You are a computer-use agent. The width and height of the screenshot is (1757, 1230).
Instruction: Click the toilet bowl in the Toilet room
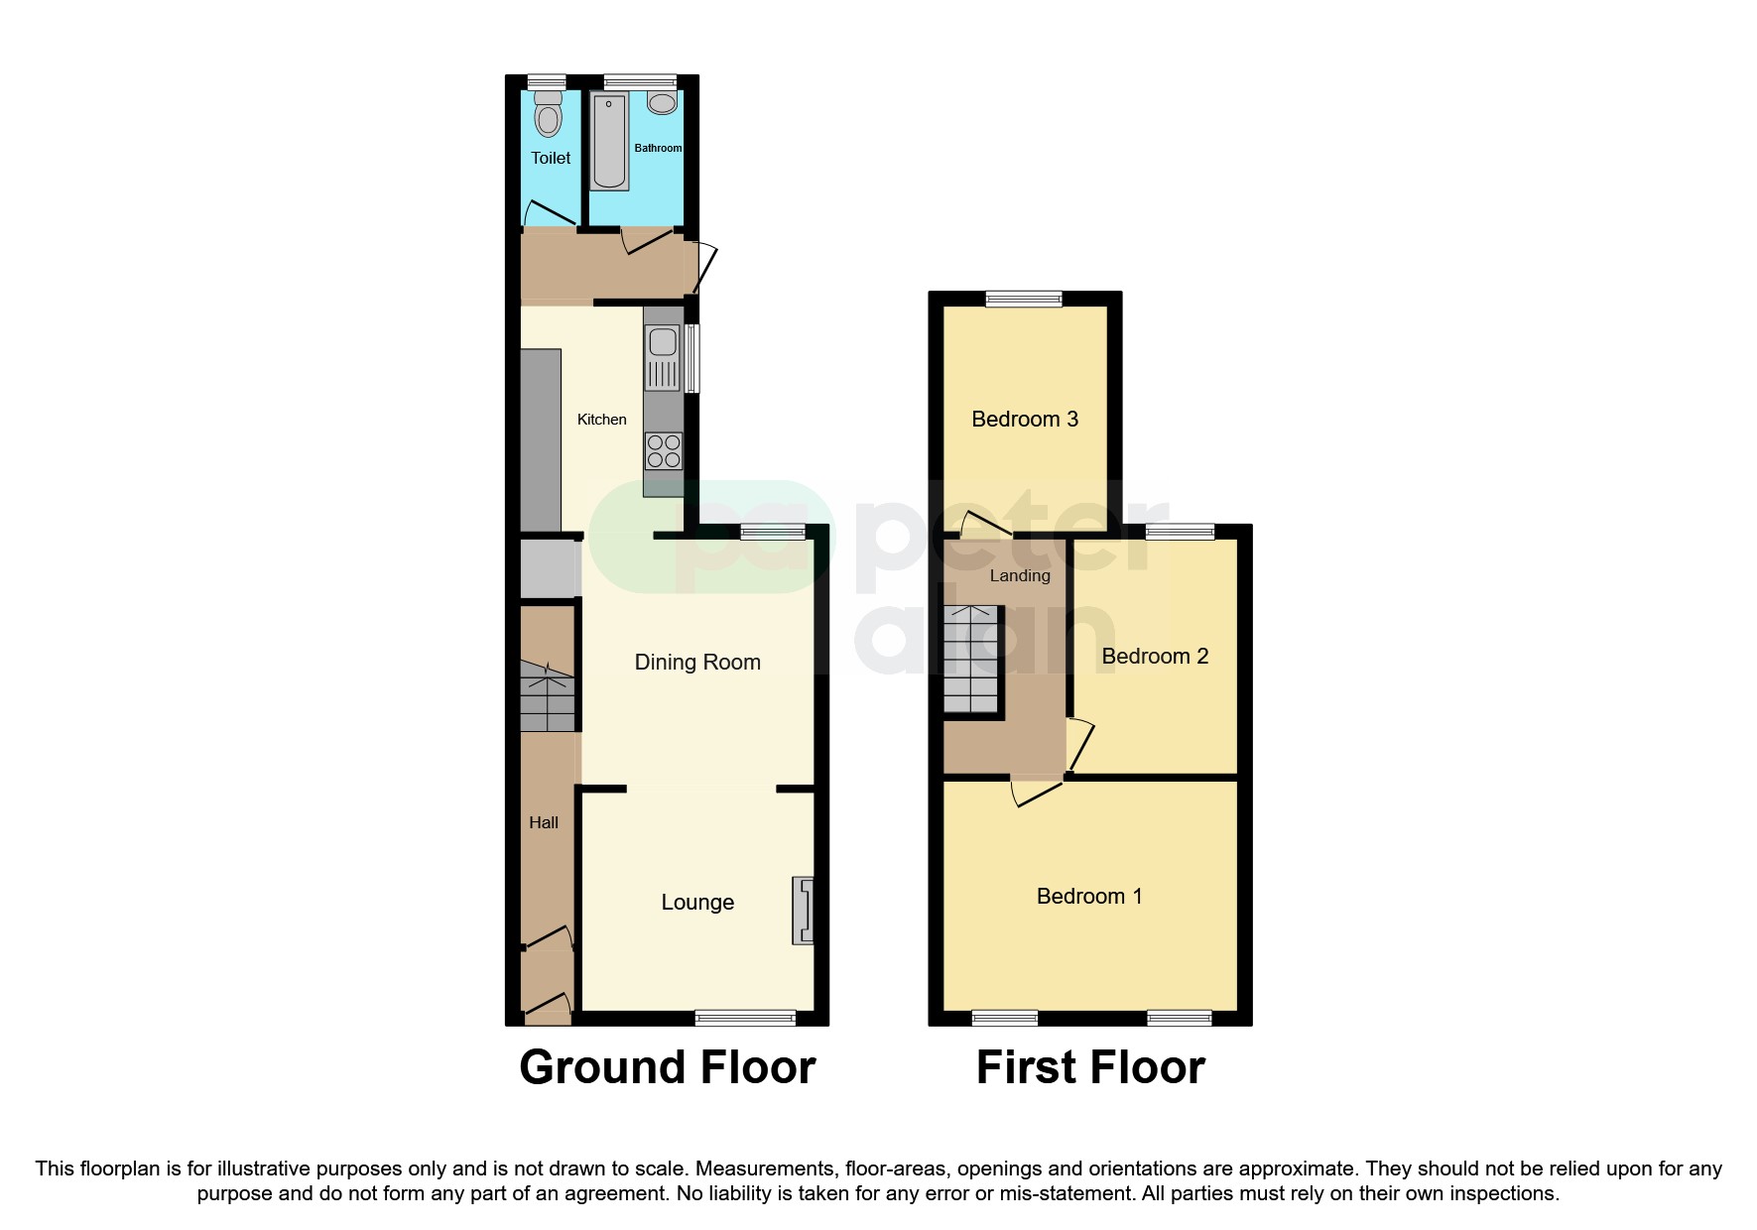548,117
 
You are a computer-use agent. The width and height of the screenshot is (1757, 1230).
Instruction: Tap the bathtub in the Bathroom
609,142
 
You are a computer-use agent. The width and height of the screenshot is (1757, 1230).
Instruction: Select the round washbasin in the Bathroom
662,102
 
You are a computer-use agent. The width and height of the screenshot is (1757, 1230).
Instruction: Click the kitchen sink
663,343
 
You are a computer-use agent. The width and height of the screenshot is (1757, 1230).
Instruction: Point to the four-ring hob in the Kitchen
664,451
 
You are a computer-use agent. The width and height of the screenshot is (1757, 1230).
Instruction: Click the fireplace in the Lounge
803,910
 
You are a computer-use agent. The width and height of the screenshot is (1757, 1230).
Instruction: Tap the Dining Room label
697,663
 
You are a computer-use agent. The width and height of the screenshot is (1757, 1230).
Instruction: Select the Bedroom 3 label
1024,420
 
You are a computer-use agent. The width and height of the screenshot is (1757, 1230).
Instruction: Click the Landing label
1019,576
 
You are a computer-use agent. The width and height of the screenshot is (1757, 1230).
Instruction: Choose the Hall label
544,822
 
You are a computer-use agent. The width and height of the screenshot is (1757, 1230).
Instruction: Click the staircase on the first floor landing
970,661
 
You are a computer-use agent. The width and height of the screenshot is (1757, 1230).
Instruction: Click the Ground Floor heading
667,1068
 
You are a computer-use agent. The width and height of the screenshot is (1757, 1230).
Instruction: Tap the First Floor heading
1089,1068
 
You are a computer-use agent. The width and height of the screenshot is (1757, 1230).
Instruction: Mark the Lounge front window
745,1018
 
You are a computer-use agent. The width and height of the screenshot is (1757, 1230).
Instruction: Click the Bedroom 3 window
1023,299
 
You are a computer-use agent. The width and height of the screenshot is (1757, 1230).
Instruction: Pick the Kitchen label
601,420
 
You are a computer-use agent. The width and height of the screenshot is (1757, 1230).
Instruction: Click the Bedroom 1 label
1088,897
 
